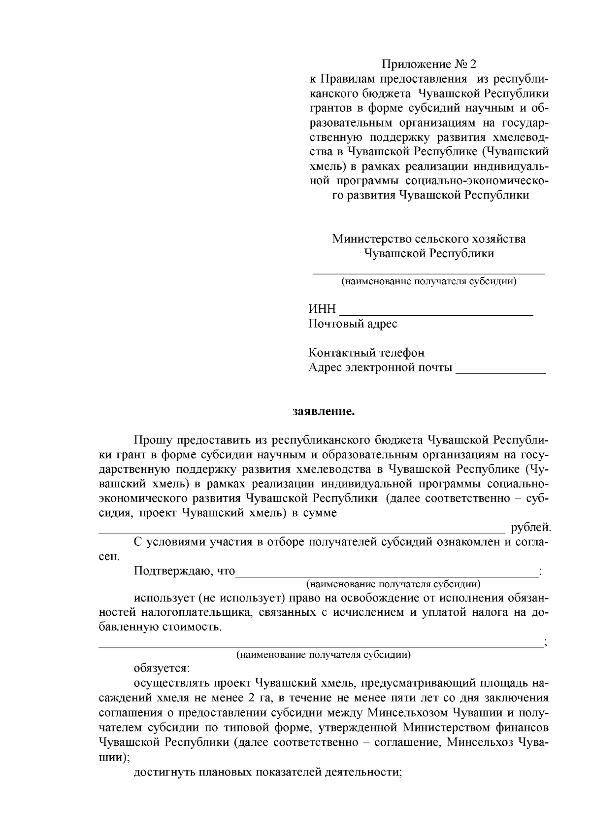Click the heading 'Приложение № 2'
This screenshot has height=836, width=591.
pyautogui.click(x=429, y=65)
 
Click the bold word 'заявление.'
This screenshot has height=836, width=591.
pyautogui.click(x=324, y=411)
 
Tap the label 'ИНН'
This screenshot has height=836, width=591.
pyautogui.click(x=322, y=309)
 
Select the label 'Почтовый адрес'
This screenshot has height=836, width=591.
pyautogui.click(x=353, y=324)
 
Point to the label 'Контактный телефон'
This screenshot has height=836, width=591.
pyautogui.click(x=366, y=353)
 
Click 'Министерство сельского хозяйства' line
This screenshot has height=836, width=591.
pyautogui.click(x=429, y=239)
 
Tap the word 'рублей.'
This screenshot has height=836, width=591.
pyautogui.click(x=531, y=528)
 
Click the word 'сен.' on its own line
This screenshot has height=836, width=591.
pyautogui.click(x=109, y=557)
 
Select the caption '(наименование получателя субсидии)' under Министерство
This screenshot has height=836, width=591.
pyautogui.click(x=429, y=282)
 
